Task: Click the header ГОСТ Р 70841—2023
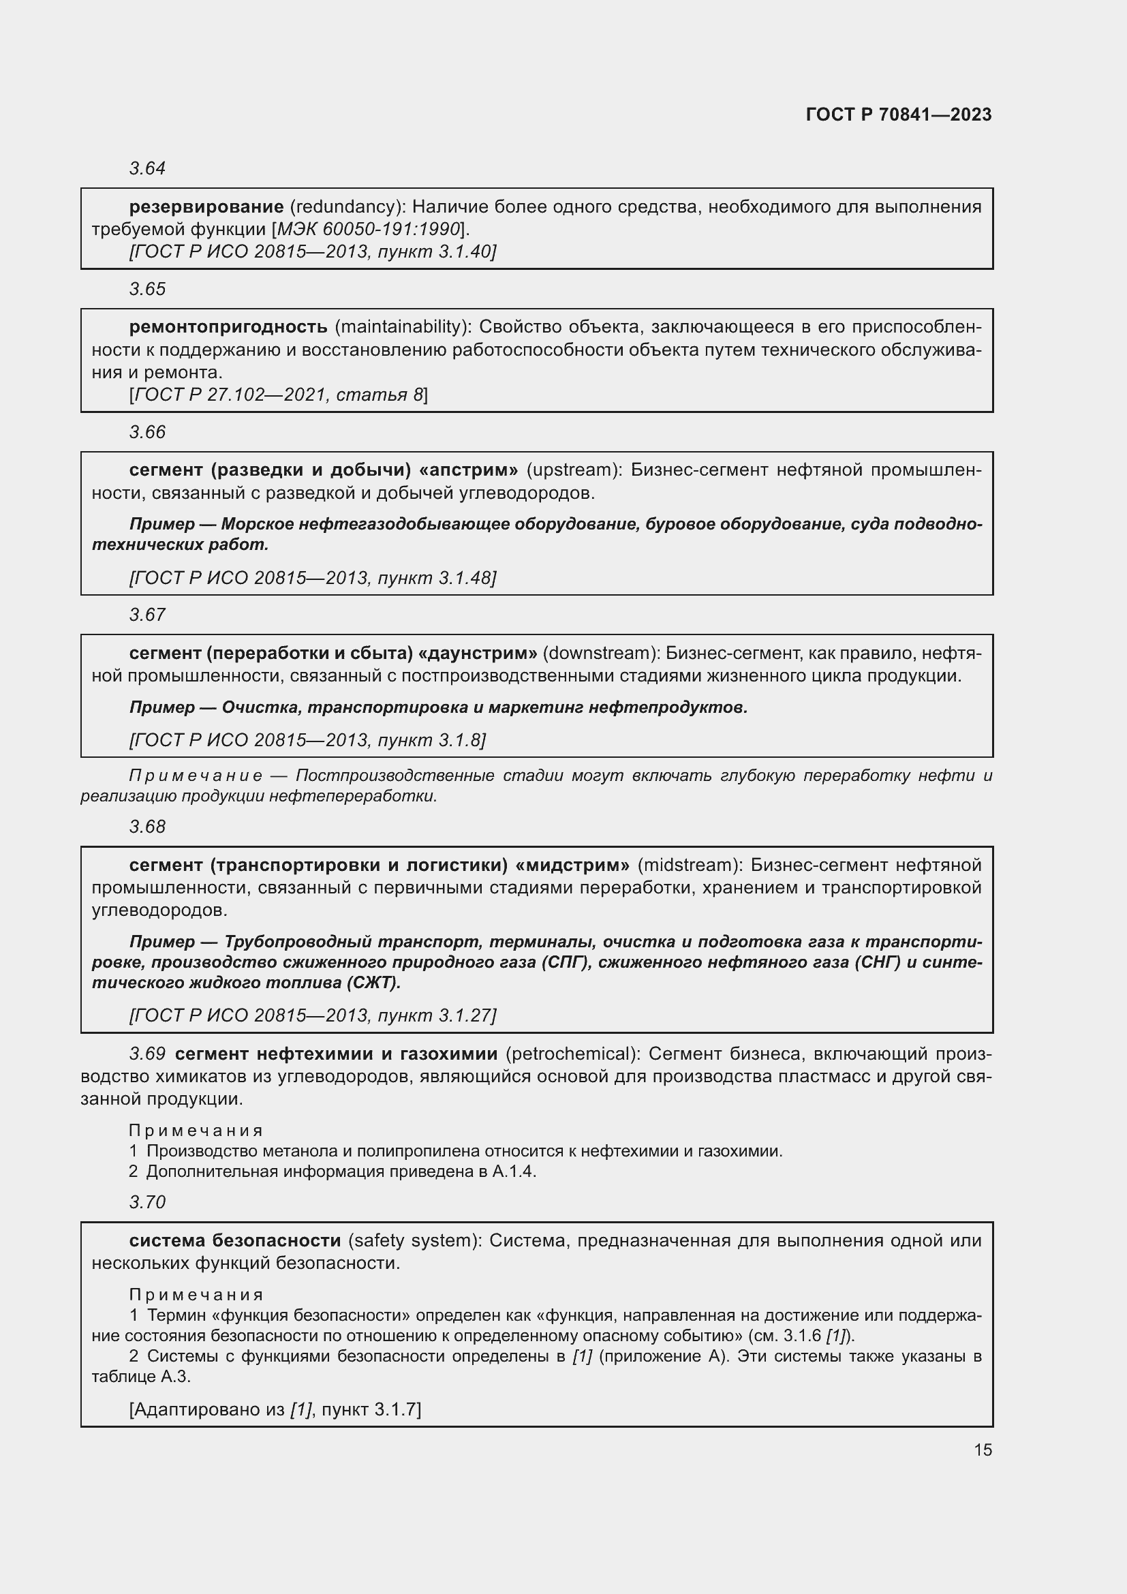pos(899,115)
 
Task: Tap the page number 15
pos(983,1450)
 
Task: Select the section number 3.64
pos(147,169)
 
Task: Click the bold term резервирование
pos(206,207)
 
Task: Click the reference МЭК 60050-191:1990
pos(369,229)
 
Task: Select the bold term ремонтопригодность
pos(228,327)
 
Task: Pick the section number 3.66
pos(147,433)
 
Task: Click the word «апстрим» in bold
pos(468,471)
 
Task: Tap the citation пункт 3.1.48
pos(437,579)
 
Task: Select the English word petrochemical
pos(572,1054)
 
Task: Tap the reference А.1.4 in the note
pos(513,1172)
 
